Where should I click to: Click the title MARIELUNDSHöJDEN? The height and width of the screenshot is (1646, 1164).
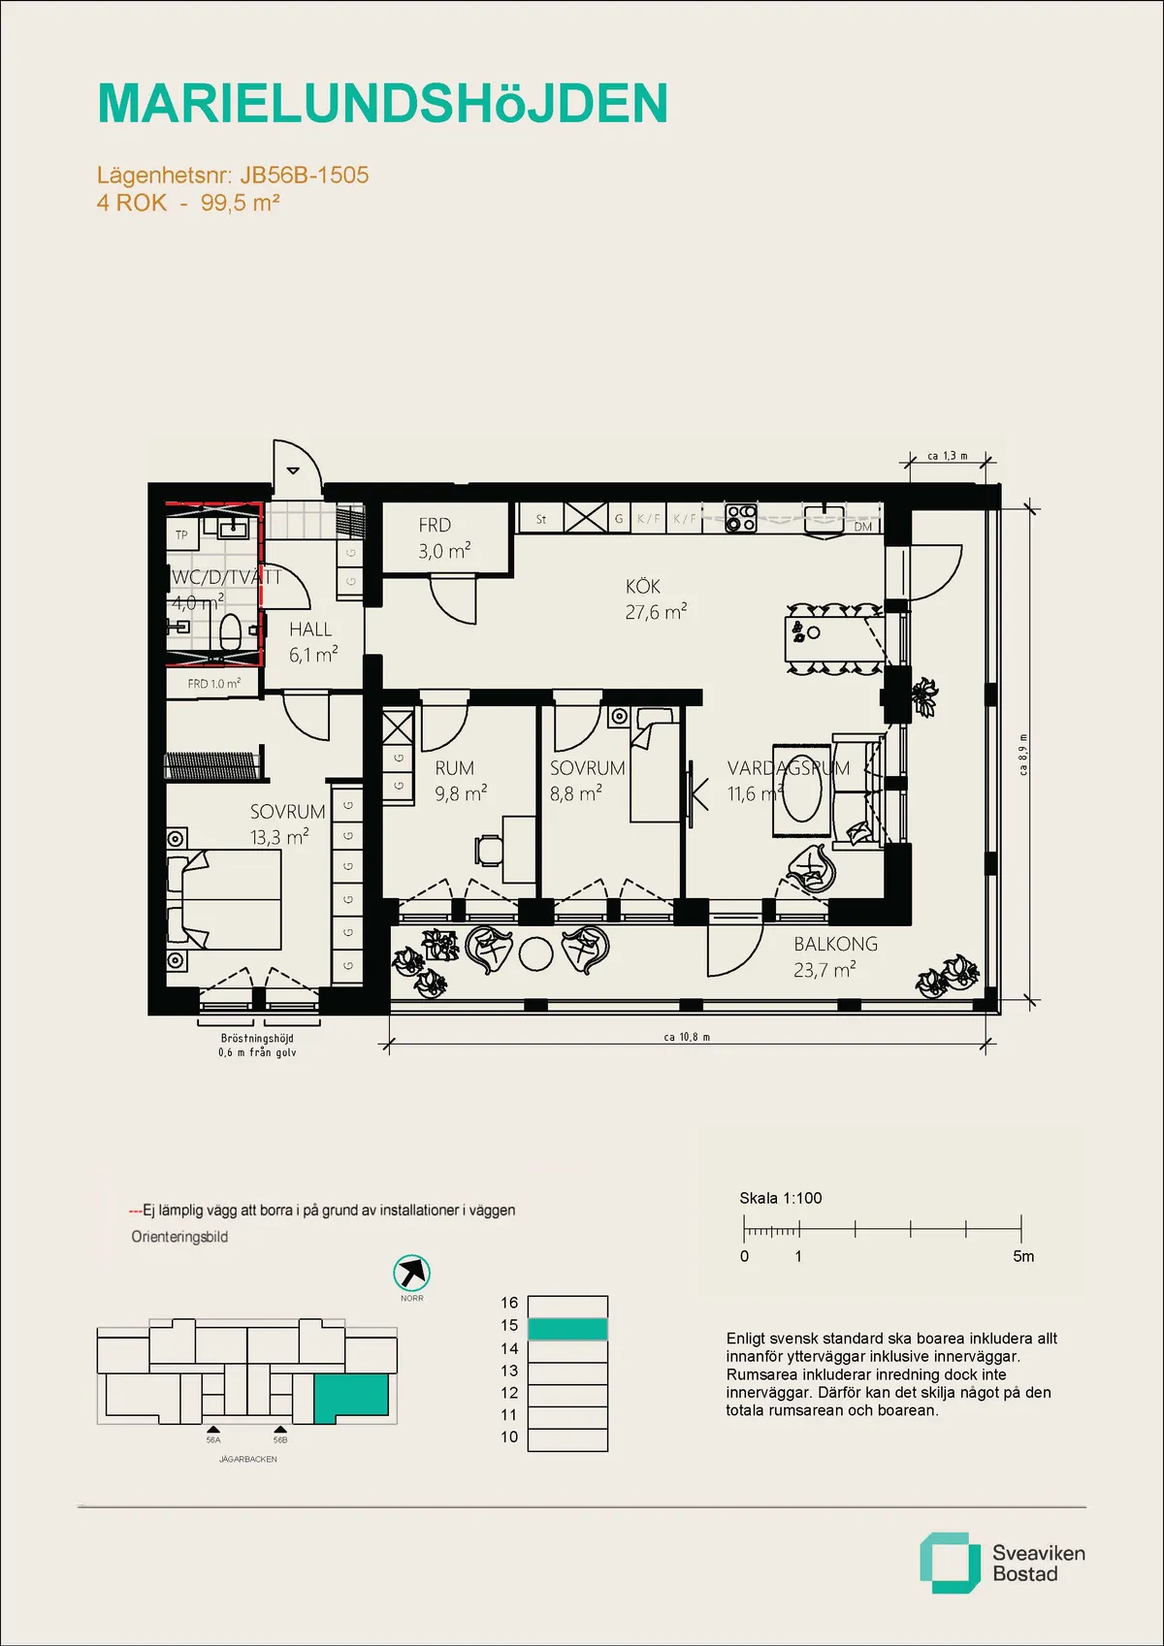point(382,104)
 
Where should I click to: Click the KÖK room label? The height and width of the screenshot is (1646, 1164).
point(643,587)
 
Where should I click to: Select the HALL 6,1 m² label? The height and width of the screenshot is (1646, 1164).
point(311,641)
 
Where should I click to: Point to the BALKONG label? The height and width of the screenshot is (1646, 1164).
point(834,944)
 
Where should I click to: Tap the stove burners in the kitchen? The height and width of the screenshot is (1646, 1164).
point(742,519)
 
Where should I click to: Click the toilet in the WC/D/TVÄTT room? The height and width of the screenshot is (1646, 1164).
point(231,634)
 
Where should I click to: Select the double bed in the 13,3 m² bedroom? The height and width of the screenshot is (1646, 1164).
point(225,899)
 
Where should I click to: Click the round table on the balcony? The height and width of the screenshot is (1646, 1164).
point(535,953)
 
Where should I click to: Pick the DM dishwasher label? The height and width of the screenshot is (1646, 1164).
point(863,527)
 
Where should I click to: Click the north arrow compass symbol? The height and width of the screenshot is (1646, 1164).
point(412,1273)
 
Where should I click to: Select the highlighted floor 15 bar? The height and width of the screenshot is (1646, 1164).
point(567,1329)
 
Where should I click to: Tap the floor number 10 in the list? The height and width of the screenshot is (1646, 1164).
point(509,1437)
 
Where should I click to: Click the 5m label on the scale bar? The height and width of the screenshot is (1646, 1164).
point(1023,1257)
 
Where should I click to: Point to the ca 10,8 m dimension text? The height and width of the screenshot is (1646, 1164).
point(687,1037)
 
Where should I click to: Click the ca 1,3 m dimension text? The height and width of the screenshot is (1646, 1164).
point(947,455)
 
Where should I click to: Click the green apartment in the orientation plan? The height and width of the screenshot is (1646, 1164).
point(351,1394)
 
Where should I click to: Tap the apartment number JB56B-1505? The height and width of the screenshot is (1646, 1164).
point(304,176)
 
